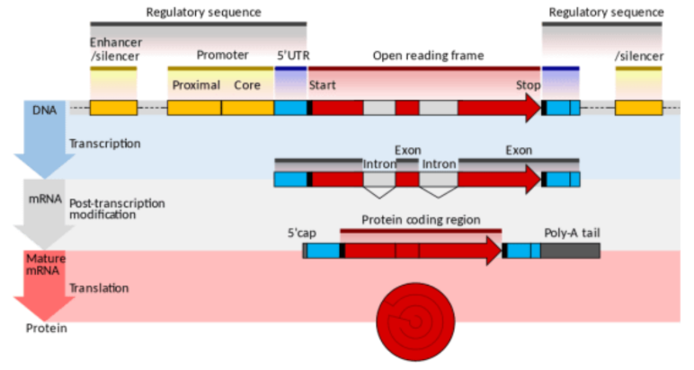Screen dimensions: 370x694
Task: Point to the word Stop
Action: (528, 85)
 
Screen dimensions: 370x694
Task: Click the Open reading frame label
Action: (428, 55)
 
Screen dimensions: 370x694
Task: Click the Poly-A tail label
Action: (572, 233)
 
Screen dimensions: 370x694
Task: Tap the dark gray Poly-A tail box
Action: (570, 251)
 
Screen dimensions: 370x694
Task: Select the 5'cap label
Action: (301, 233)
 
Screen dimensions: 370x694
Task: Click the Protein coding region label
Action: (421, 220)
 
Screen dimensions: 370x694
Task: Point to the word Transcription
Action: (104, 143)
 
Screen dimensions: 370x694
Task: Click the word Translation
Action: (99, 288)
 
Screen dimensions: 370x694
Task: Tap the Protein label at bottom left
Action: (46, 328)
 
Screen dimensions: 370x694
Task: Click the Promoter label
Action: (221, 55)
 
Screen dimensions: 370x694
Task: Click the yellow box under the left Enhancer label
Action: (113, 108)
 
